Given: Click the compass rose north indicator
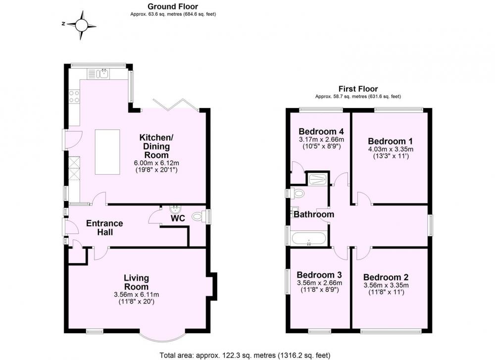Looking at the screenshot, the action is (63, 24).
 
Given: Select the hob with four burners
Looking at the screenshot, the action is (74, 97).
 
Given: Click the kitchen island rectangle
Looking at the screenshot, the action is (107, 152).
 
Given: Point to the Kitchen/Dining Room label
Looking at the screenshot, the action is (156, 146).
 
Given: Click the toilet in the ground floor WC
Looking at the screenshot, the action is (198, 216).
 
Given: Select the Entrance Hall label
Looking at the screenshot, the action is (104, 228).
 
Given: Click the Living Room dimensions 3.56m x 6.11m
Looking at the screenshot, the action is (137, 295).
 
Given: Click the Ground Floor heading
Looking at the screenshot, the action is (173, 6).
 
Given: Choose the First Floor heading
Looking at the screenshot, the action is (358, 89).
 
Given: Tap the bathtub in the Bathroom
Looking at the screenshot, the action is (308, 239).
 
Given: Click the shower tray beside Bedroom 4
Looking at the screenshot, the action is (318, 179).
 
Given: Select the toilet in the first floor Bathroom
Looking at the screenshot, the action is (296, 193).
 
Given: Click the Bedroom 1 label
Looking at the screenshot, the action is (390, 141).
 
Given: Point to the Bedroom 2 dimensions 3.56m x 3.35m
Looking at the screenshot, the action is (386, 285).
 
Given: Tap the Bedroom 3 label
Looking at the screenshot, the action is (319, 275).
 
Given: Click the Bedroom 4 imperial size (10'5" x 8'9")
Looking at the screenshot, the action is (321, 146).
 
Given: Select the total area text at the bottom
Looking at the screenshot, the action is (245, 355).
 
